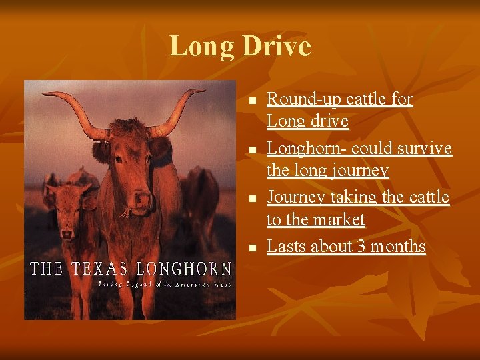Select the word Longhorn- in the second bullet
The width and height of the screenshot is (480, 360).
click(x=306, y=147)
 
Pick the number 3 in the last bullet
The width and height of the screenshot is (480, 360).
click(x=361, y=246)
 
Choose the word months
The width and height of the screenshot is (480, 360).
click(x=398, y=246)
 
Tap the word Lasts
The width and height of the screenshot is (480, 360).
click(x=287, y=246)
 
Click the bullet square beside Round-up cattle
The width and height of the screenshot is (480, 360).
click(x=251, y=101)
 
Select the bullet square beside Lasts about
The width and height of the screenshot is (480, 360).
click(x=251, y=247)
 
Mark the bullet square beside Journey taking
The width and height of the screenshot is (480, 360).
click(x=251, y=198)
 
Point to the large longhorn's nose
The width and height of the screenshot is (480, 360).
click(x=142, y=198)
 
